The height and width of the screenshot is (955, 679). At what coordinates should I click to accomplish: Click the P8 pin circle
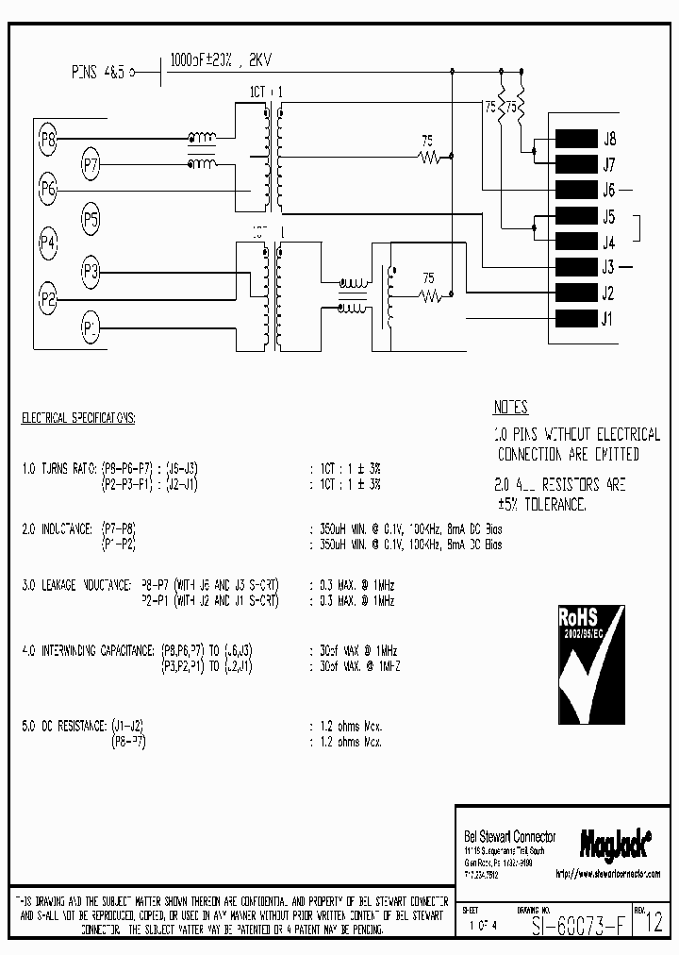click(49, 142)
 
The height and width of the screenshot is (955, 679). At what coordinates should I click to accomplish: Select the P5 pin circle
click(91, 220)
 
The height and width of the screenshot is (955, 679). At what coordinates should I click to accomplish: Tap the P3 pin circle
click(91, 273)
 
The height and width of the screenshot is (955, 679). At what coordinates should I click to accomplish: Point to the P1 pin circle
click(91, 327)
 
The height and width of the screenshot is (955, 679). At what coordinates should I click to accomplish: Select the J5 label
click(609, 216)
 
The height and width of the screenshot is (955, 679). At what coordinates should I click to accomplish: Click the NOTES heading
click(510, 408)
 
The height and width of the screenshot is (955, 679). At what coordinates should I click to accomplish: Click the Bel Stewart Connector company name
click(510, 836)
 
